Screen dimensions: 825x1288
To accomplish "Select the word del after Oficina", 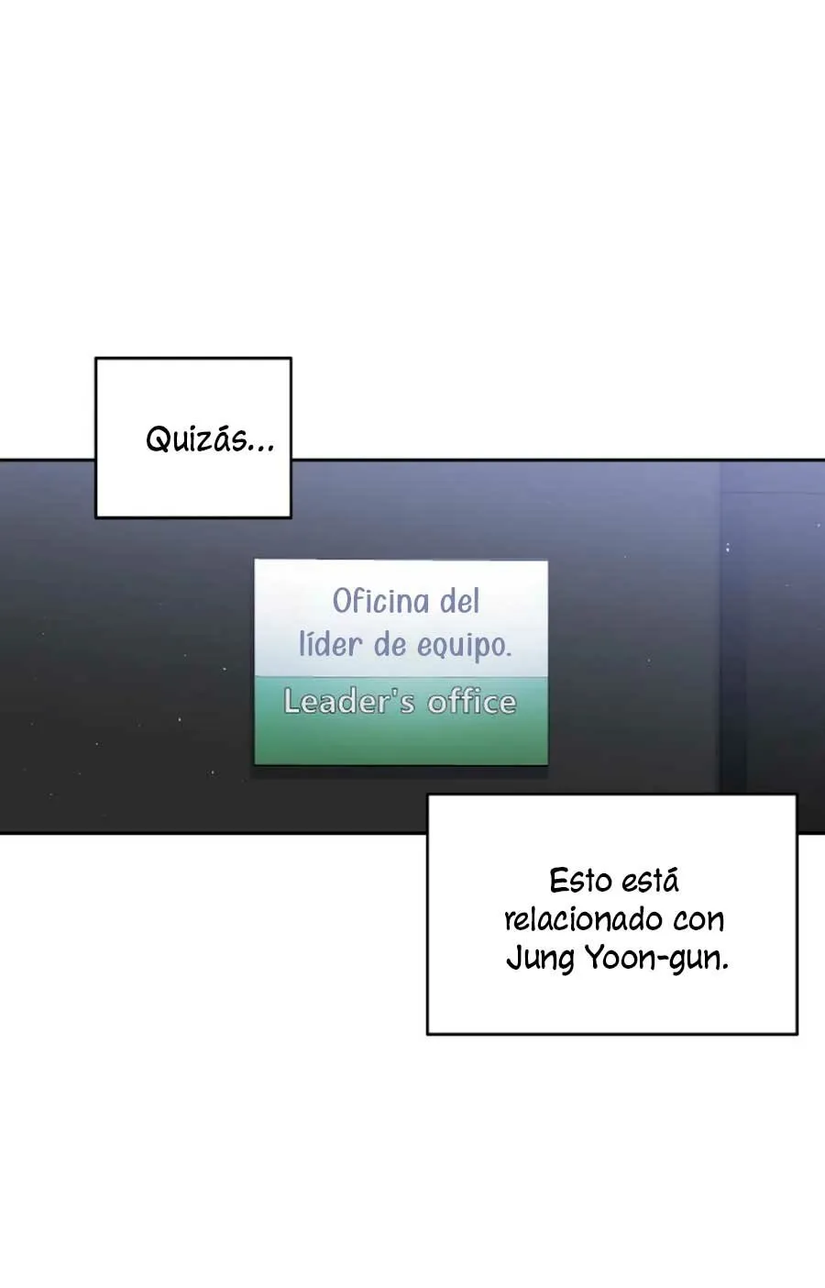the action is coord(459,602).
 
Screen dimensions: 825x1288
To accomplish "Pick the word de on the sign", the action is coord(390,645).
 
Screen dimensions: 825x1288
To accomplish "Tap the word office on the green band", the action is coord(472,702).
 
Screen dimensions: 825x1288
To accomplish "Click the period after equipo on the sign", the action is coord(508,656).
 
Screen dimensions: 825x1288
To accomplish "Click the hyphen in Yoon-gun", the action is coord(662,960).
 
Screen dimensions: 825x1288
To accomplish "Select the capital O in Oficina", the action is coord(343,602).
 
